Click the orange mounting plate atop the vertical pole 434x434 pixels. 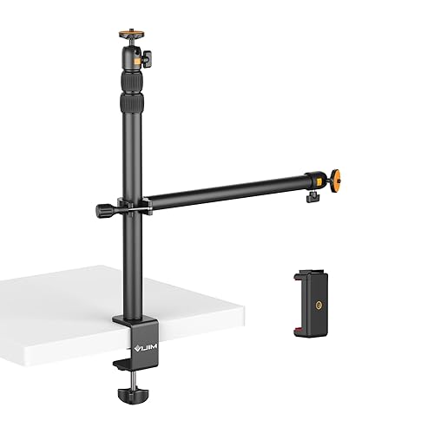click(128, 36)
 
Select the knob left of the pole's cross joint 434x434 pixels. click(104, 210)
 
